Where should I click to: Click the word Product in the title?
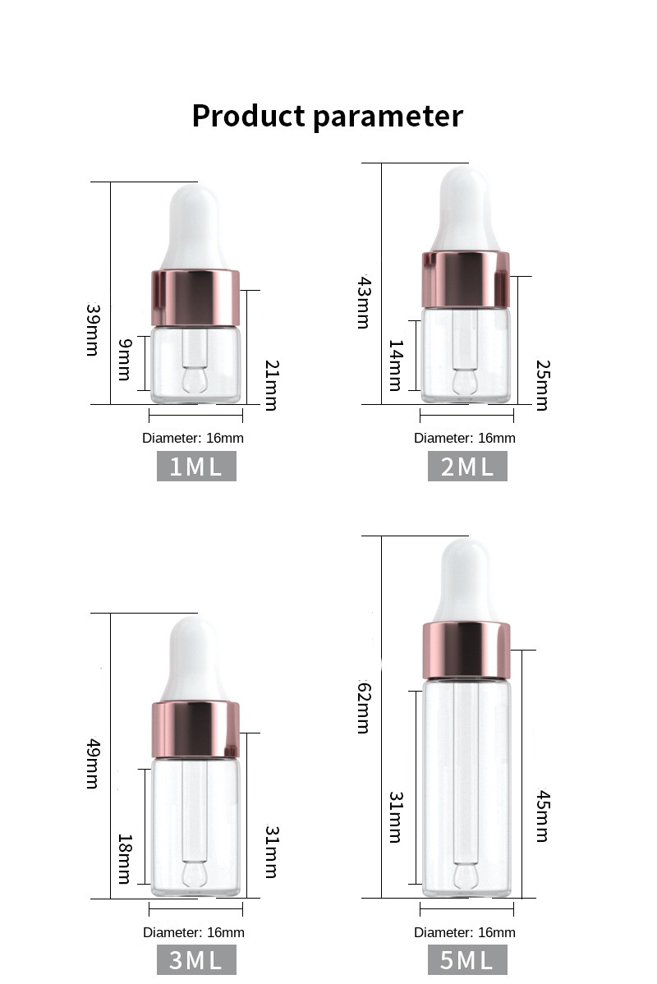coord(248,117)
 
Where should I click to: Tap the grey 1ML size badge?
coord(196,467)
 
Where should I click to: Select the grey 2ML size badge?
coord(467,467)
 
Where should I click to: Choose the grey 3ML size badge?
coord(196,960)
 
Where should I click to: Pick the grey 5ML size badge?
coord(467,960)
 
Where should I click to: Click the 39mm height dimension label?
coord(92,330)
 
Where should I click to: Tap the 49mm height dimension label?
coord(92,764)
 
